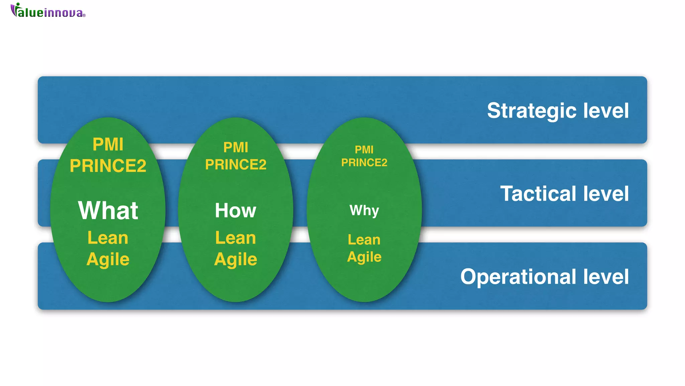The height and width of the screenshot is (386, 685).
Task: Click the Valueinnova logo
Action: point(48,11)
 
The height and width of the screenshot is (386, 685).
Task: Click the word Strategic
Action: point(531,111)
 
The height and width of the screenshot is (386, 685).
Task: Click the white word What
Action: point(108,210)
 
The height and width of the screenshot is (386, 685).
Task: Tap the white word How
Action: point(235,210)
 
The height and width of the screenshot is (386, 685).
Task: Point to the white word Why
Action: point(364,210)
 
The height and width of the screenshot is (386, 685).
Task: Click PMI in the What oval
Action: point(108,144)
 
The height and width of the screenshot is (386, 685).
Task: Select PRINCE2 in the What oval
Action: point(108,166)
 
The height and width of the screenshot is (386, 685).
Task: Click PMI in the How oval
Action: point(235,147)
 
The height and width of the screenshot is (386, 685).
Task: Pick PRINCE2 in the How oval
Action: point(235,165)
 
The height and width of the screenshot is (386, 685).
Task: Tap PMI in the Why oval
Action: point(364,149)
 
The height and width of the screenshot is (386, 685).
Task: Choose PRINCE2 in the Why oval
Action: point(364,163)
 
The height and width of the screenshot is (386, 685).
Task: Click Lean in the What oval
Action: point(108,238)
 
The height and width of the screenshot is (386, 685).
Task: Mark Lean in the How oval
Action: point(235,238)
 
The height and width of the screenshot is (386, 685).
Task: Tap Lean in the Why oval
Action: point(364,240)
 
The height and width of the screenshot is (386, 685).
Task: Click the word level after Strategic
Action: point(606,111)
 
